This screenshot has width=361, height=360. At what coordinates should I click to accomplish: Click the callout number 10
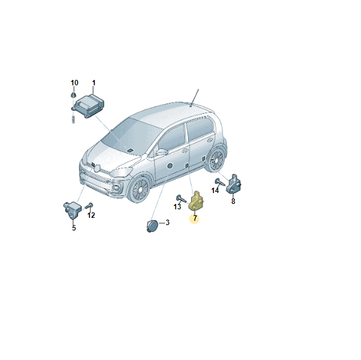point(74,83)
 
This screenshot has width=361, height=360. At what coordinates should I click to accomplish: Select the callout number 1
point(94,83)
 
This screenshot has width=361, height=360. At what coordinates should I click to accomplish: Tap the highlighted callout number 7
point(195,218)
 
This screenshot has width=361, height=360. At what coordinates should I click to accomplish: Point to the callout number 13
point(177,206)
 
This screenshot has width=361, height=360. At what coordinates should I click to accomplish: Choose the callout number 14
point(215,191)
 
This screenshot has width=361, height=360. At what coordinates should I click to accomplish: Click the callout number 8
point(233,201)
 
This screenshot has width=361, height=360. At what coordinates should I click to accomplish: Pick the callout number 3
point(167,223)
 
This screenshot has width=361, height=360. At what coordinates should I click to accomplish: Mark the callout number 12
point(91,215)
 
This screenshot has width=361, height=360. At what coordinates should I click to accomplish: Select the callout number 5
point(74,227)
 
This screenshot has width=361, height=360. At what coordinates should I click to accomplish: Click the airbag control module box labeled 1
point(88,106)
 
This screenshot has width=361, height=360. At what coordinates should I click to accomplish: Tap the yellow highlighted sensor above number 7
point(196,201)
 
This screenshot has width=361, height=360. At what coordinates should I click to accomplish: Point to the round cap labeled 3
point(152,226)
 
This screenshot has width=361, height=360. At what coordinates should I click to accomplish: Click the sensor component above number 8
point(235,185)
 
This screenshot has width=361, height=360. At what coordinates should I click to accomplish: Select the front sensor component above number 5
point(73,209)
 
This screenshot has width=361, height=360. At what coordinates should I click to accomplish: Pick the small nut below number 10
point(73,94)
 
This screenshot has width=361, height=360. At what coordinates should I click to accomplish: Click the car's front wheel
point(139,189)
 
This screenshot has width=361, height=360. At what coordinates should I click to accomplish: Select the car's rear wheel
point(216,159)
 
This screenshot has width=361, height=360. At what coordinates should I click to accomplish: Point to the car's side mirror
point(161,152)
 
